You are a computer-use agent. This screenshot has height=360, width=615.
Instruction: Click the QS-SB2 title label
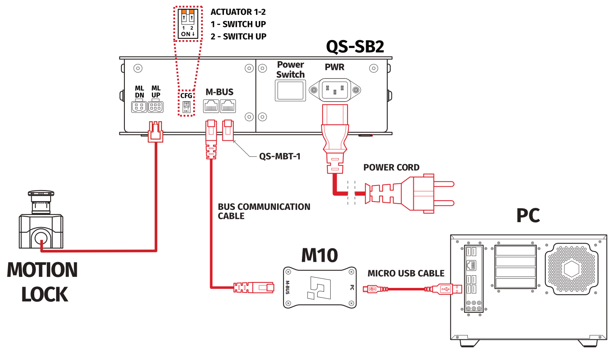click(355, 46)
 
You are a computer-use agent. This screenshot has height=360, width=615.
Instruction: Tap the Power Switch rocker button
click(290, 91)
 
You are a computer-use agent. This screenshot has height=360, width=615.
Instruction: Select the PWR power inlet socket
click(335, 90)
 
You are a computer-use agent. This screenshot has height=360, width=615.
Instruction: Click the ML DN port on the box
click(139, 107)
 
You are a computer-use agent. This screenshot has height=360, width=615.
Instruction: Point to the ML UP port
click(155, 107)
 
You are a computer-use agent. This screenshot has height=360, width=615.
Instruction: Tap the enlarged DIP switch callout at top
click(188, 23)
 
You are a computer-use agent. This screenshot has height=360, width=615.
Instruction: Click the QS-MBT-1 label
click(280, 156)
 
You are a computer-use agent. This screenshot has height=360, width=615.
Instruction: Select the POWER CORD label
click(391, 167)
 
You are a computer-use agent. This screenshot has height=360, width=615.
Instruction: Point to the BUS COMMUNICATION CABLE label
click(264, 211)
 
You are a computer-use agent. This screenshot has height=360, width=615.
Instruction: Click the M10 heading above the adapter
click(319, 255)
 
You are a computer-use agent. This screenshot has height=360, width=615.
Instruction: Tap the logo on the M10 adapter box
click(319, 287)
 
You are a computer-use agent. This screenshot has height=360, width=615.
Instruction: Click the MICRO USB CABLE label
click(406, 273)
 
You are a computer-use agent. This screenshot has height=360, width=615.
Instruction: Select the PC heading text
click(528, 215)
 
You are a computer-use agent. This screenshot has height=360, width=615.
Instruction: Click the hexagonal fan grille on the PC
click(571, 269)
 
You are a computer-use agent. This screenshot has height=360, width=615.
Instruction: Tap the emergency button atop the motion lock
click(41, 195)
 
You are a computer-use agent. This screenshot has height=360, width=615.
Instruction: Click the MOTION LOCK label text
click(43, 282)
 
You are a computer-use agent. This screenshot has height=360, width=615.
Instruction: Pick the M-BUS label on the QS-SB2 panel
click(219, 92)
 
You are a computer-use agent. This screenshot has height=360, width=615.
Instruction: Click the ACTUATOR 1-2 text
click(238, 12)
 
